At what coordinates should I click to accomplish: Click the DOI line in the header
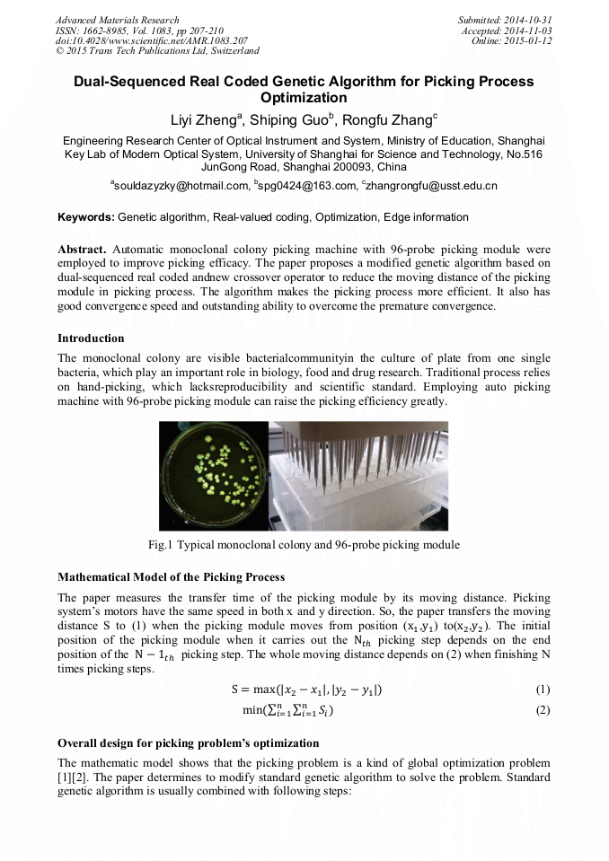(152, 40)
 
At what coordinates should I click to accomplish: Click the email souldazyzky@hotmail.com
(180, 186)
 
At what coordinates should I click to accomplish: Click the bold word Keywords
(85, 217)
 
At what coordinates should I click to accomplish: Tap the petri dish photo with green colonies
(214, 476)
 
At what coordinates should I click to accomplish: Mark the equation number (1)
(542, 690)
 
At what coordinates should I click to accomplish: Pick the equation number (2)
(542, 710)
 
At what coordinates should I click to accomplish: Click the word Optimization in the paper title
(304, 97)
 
